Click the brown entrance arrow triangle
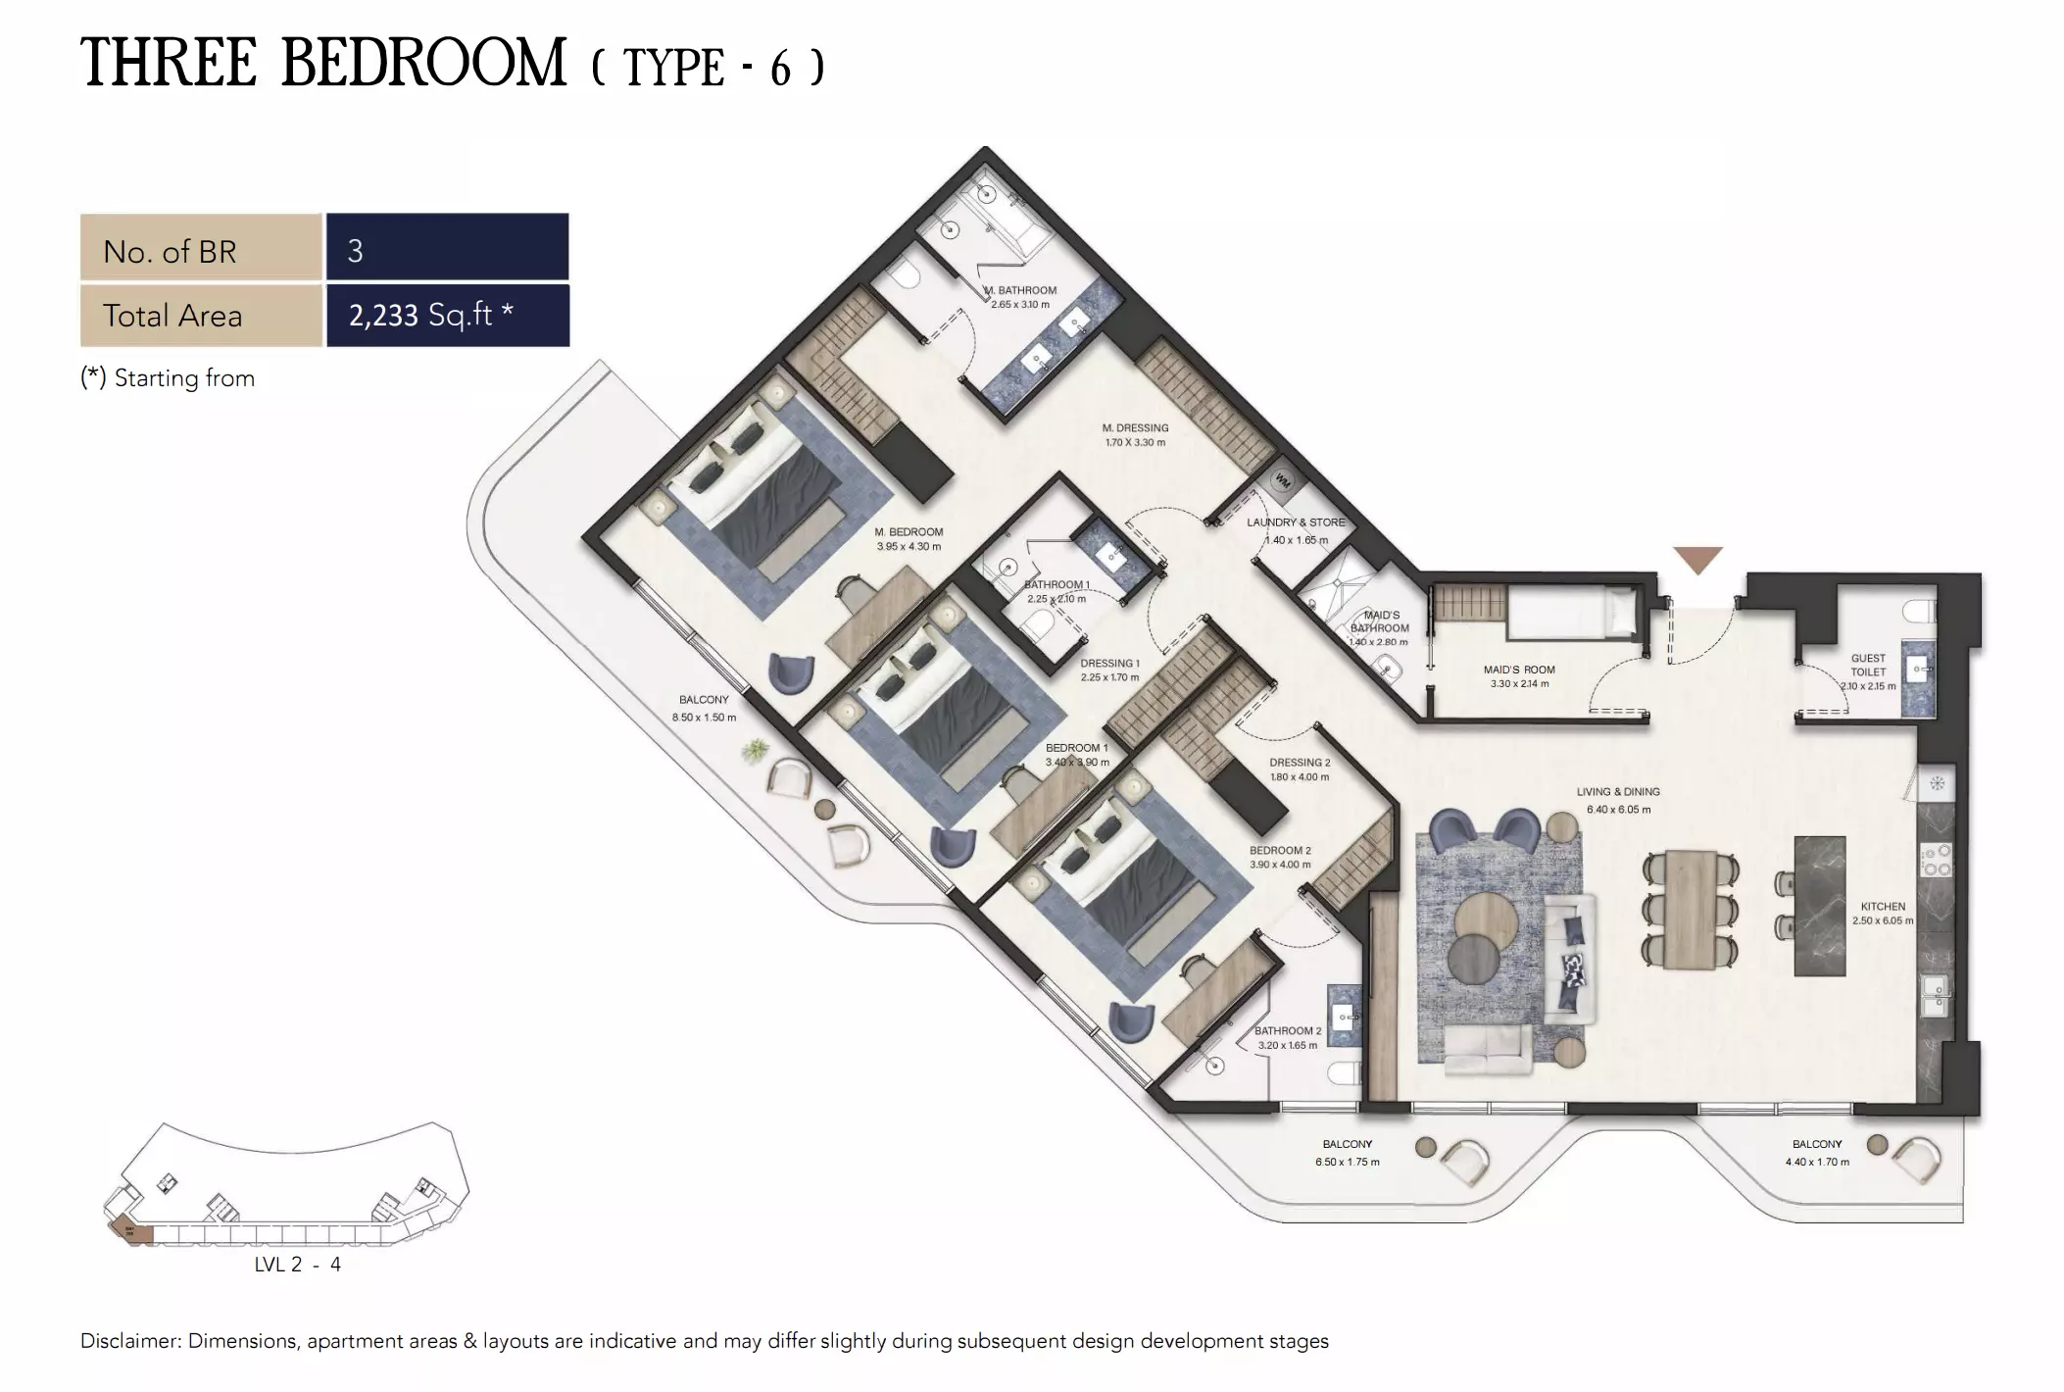click(1696, 559)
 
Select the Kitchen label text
click(1883, 907)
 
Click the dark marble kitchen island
click(1819, 906)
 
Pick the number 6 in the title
click(780, 69)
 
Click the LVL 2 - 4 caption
click(297, 1265)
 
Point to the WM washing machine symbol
click(1283, 480)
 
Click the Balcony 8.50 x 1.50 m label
click(704, 708)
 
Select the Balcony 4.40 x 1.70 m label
click(1816, 1152)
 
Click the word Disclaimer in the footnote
click(129, 1341)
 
